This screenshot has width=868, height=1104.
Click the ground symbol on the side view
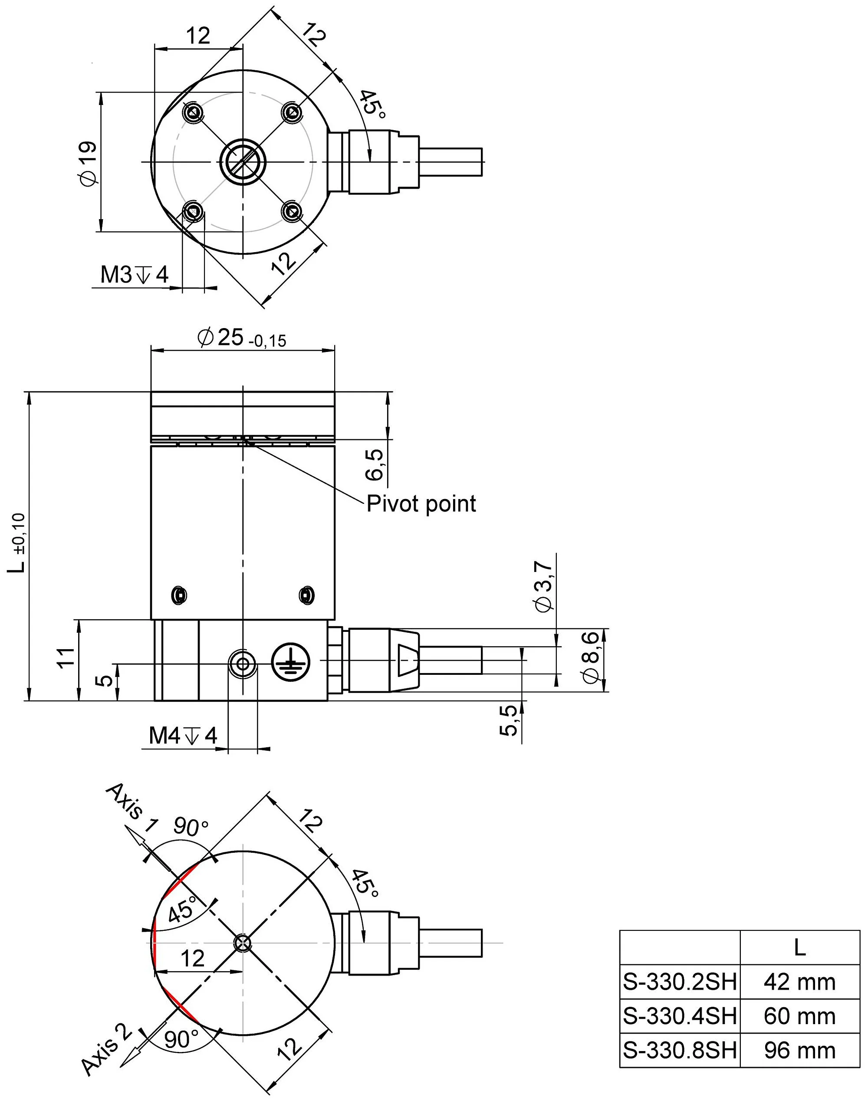[289, 661]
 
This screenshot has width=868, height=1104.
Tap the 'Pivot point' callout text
[421, 503]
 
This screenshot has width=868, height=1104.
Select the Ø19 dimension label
[89, 163]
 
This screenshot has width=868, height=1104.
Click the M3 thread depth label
[134, 275]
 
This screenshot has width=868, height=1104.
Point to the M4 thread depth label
[183, 735]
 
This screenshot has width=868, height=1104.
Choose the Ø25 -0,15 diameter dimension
[242, 338]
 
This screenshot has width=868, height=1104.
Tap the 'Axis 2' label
[107, 1048]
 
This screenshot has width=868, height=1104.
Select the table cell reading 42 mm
[799, 982]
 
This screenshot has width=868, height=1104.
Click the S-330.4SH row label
[680, 1015]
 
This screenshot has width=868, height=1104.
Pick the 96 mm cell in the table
[799, 1050]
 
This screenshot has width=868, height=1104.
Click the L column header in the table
[799, 947]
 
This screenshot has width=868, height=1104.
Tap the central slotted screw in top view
[243, 161]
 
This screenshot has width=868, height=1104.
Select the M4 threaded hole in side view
[243, 664]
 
